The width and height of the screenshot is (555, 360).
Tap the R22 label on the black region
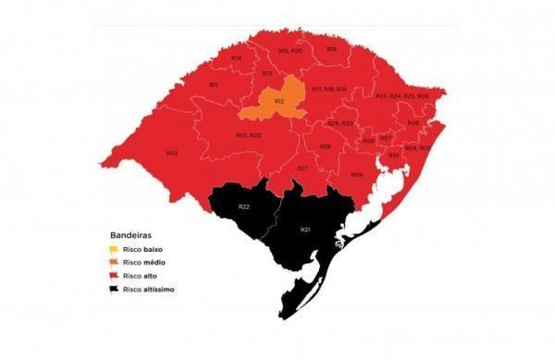tap(244, 205)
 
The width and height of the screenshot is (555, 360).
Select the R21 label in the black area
tap(305, 229)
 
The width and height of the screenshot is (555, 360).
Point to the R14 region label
tap(236, 58)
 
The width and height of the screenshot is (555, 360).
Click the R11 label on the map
tap(213, 84)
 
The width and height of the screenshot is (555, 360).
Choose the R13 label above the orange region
tap(266, 73)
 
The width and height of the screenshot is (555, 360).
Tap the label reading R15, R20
tap(290, 51)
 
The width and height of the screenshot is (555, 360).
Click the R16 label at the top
tap(331, 49)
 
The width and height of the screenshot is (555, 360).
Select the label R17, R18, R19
tap(328, 89)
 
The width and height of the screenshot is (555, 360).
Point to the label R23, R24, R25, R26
tap(401, 96)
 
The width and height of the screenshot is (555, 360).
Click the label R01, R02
tap(248, 135)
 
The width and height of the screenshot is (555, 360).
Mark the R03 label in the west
tap(172, 153)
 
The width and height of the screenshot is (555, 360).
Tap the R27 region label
tap(302, 168)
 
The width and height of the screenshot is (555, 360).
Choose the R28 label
tap(325, 146)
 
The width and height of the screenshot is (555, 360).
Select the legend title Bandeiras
tap(130, 235)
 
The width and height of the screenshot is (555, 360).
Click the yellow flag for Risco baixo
tap(114, 250)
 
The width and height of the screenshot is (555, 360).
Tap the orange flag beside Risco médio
tap(114, 263)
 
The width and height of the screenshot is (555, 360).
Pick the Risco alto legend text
tap(142, 277)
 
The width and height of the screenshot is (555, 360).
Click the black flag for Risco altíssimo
tap(114, 289)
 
